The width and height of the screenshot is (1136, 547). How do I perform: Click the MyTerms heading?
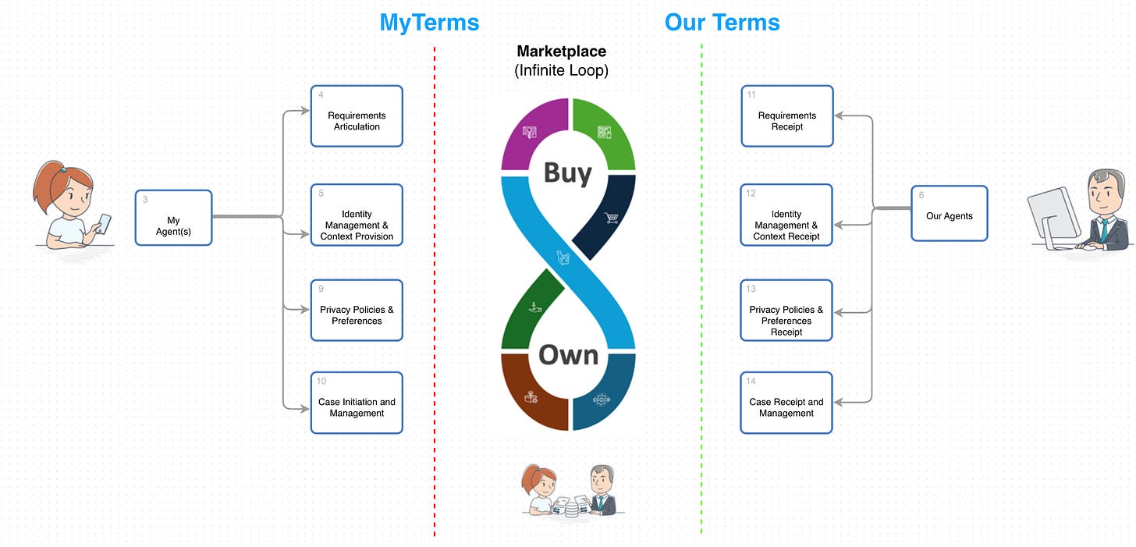click(x=429, y=23)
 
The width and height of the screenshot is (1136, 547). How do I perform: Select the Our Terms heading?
click(x=722, y=23)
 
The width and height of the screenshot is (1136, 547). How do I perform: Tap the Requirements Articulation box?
click(x=357, y=116)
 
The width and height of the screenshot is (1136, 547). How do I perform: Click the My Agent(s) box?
click(x=173, y=218)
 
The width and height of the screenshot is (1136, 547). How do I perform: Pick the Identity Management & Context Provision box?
click(x=357, y=215)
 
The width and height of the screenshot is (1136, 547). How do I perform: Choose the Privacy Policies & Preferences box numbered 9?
click(x=357, y=310)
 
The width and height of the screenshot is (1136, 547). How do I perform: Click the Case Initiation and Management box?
click(x=357, y=403)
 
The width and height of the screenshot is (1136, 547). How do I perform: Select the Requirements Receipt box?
click(x=786, y=116)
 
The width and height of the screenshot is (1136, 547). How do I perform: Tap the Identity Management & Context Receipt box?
click(x=786, y=215)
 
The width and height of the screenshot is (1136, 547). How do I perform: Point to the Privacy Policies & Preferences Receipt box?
click(x=786, y=311)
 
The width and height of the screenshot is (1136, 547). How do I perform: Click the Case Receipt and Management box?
click(x=786, y=403)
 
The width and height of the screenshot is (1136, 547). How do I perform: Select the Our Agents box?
click(x=949, y=213)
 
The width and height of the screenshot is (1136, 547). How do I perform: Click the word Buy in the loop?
click(x=567, y=172)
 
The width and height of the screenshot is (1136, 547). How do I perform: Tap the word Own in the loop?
click(x=568, y=355)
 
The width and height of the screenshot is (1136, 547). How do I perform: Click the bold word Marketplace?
click(x=561, y=52)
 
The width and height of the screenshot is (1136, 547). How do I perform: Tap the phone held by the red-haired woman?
click(x=104, y=222)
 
